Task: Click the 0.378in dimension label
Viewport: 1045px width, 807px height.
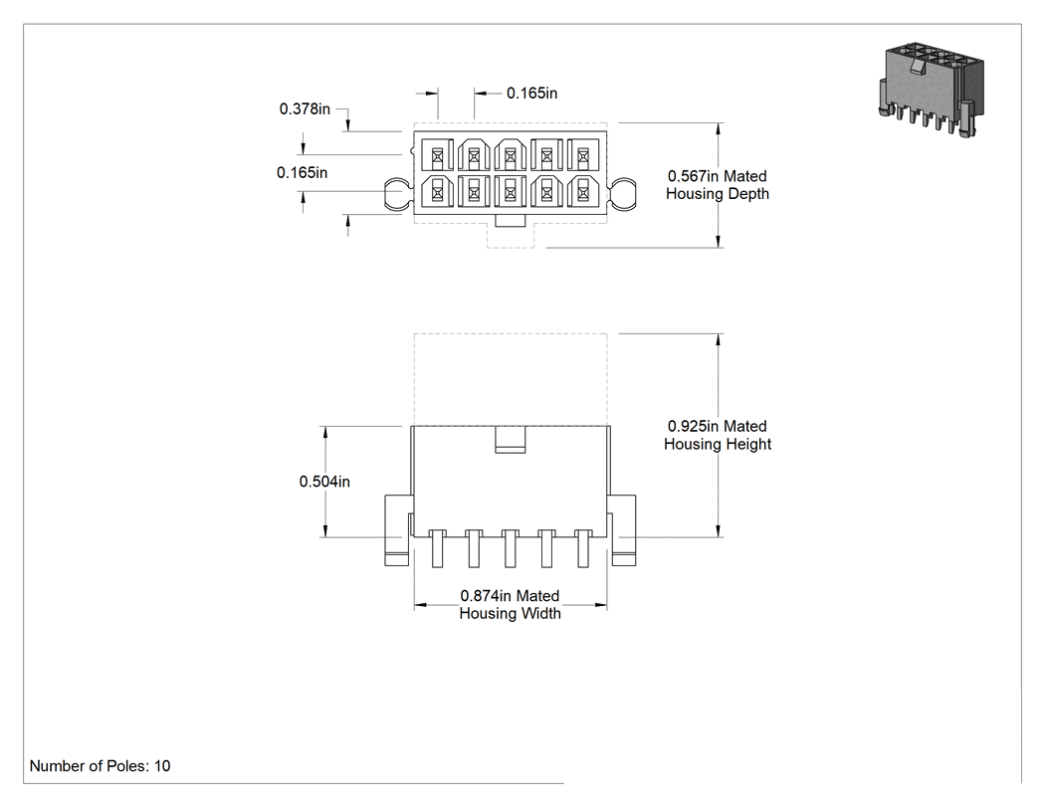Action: pyautogui.click(x=305, y=108)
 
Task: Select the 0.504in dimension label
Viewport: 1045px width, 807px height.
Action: pyautogui.click(x=324, y=482)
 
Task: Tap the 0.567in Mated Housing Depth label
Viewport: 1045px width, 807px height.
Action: pyautogui.click(x=718, y=185)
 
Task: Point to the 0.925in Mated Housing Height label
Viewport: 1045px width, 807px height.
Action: pyautogui.click(x=718, y=435)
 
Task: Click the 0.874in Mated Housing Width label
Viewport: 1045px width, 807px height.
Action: pyautogui.click(x=510, y=604)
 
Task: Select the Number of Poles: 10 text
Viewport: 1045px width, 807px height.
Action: pyautogui.click(x=100, y=765)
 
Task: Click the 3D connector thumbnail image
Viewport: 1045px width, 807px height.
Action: pyautogui.click(x=931, y=91)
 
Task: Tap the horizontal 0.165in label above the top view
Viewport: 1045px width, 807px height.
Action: pyautogui.click(x=531, y=93)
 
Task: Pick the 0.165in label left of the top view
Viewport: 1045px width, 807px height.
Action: pyautogui.click(x=302, y=172)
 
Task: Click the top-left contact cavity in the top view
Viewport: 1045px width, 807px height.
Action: pyautogui.click(x=437, y=155)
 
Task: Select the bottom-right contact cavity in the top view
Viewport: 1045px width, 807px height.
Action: pyautogui.click(x=583, y=191)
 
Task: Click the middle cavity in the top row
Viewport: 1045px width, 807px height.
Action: pyautogui.click(x=511, y=155)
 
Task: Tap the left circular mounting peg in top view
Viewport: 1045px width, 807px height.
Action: pyautogui.click(x=397, y=194)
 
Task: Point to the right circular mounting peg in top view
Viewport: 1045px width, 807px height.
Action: pyautogui.click(x=623, y=194)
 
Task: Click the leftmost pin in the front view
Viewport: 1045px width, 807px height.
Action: pyautogui.click(x=437, y=548)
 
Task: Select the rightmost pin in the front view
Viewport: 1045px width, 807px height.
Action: pyautogui.click(x=583, y=548)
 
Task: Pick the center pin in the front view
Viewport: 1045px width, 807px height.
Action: pyautogui.click(x=511, y=548)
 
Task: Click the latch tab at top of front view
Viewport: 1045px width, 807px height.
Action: pyautogui.click(x=511, y=440)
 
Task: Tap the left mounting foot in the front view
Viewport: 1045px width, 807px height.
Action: pyautogui.click(x=397, y=530)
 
